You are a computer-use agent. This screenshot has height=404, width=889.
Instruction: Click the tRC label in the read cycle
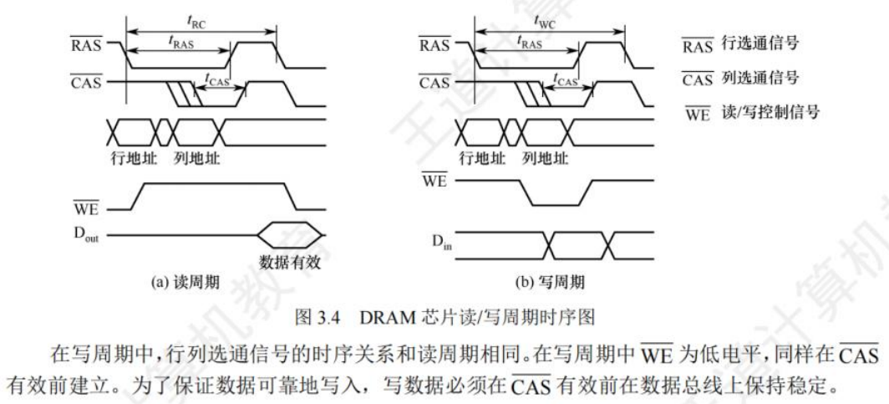[200, 18]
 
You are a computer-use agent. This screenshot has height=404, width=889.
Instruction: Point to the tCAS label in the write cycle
[566, 78]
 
